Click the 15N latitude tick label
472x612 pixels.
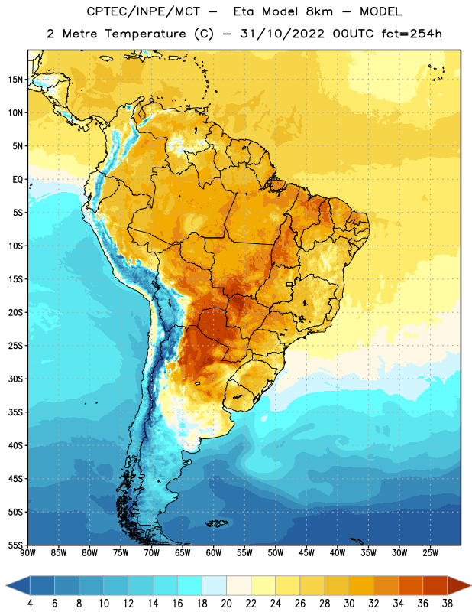pyautogui.click(x=15, y=80)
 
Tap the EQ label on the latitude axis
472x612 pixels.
pyautogui.click(x=18, y=180)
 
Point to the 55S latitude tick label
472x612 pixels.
pyautogui.click(x=15, y=545)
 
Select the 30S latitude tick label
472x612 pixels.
pyautogui.click(x=15, y=379)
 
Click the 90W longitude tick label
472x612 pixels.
pyautogui.click(x=28, y=553)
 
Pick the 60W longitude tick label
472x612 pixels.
pyautogui.click(x=214, y=553)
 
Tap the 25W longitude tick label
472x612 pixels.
pyautogui.click(x=430, y=553)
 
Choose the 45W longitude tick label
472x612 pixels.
pyautogui.click(x=306, y=553)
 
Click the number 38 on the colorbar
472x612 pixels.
pyautogui.click(x=447, y=604)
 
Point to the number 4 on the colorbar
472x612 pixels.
pyautogui.click(x=30, y=604)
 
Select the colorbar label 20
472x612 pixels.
pyautogui.click(x=226, y=604)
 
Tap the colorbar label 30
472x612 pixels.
pyautogui.click(x=349, y=604)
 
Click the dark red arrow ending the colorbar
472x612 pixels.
pyautogui.click(x=458, y=585)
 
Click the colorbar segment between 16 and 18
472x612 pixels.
pyautogui.click(x=190, y=585)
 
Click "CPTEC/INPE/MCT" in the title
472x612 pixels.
pyautogui.click(x=144, y=11)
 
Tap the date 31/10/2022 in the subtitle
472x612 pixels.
pyautogui.click(x=282, y=34)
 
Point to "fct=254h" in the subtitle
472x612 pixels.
pyautogui.click(x=412, y=34)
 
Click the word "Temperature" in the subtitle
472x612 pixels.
pyautogui.click(x=145, y=34)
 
